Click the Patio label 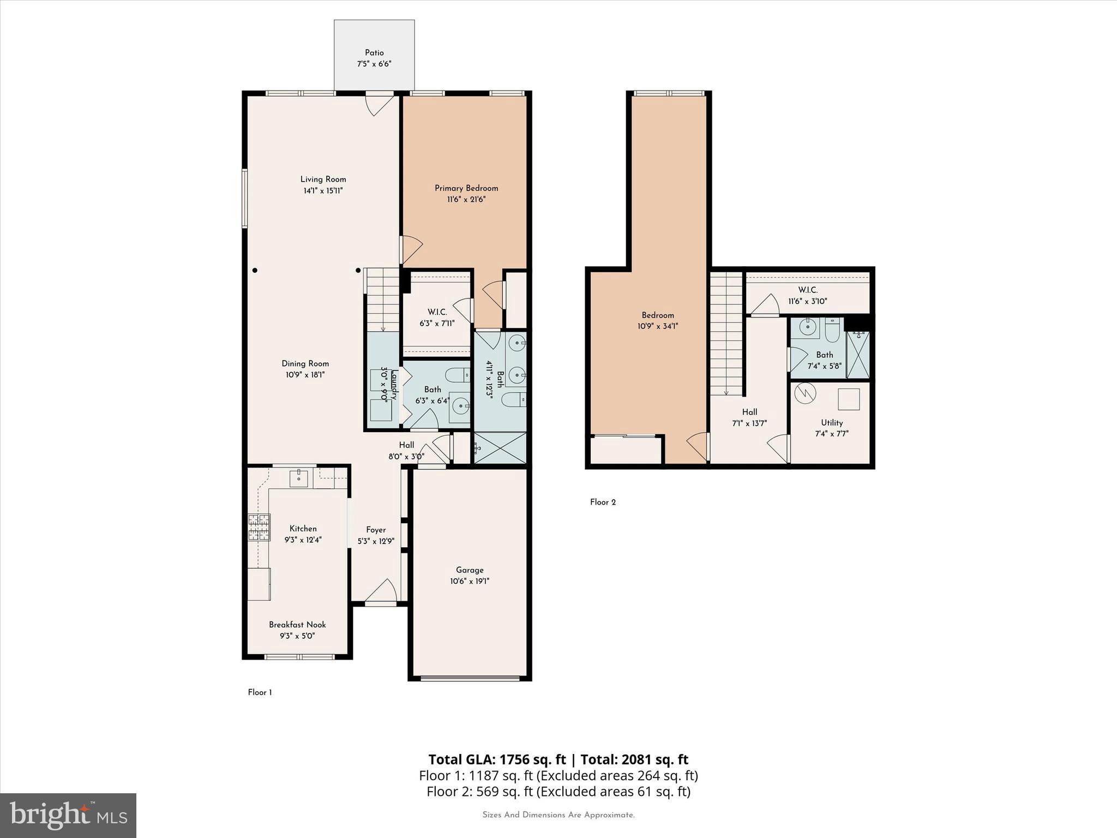[374, 53]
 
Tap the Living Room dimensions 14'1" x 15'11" [323, 191]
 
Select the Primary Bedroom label [466, 188]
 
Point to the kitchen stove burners [259, 528]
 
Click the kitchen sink [299, 478]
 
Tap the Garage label [470, 570]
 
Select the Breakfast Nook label [297, 625]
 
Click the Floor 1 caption [260, 692]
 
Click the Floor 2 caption [603, 502]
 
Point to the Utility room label [832, 423]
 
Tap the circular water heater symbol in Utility [804, 393]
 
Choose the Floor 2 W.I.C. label [808, 290]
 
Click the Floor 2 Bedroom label [658, 315]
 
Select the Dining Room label [305, 363]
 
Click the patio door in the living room [379, 103]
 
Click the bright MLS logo [68, 815]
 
